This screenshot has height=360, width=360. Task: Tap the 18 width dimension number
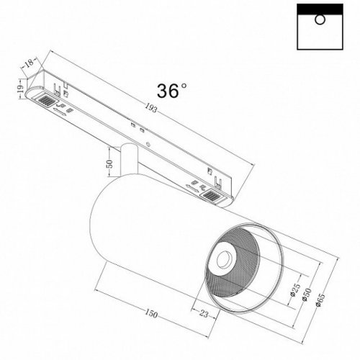tap(28, 64)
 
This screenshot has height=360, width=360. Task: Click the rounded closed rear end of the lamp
tap(101, 216)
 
